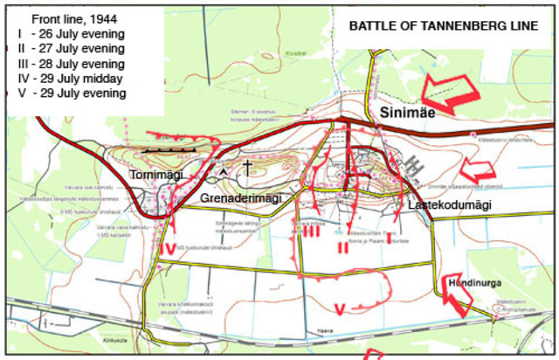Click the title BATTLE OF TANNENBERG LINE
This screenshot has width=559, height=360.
(444, 26)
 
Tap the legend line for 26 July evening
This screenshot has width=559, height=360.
(71, 34)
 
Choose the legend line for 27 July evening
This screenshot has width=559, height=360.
(71, 49)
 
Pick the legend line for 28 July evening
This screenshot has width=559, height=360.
(71, 64)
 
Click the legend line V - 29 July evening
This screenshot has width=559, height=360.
(71, 93)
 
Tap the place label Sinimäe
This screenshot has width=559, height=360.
(407, 113)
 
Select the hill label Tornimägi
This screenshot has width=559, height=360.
(156, 174)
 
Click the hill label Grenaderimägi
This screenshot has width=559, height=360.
(241, 198)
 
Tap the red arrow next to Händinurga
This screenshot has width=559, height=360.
(456, 302)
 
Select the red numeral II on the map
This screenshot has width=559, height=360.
(343, 247)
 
